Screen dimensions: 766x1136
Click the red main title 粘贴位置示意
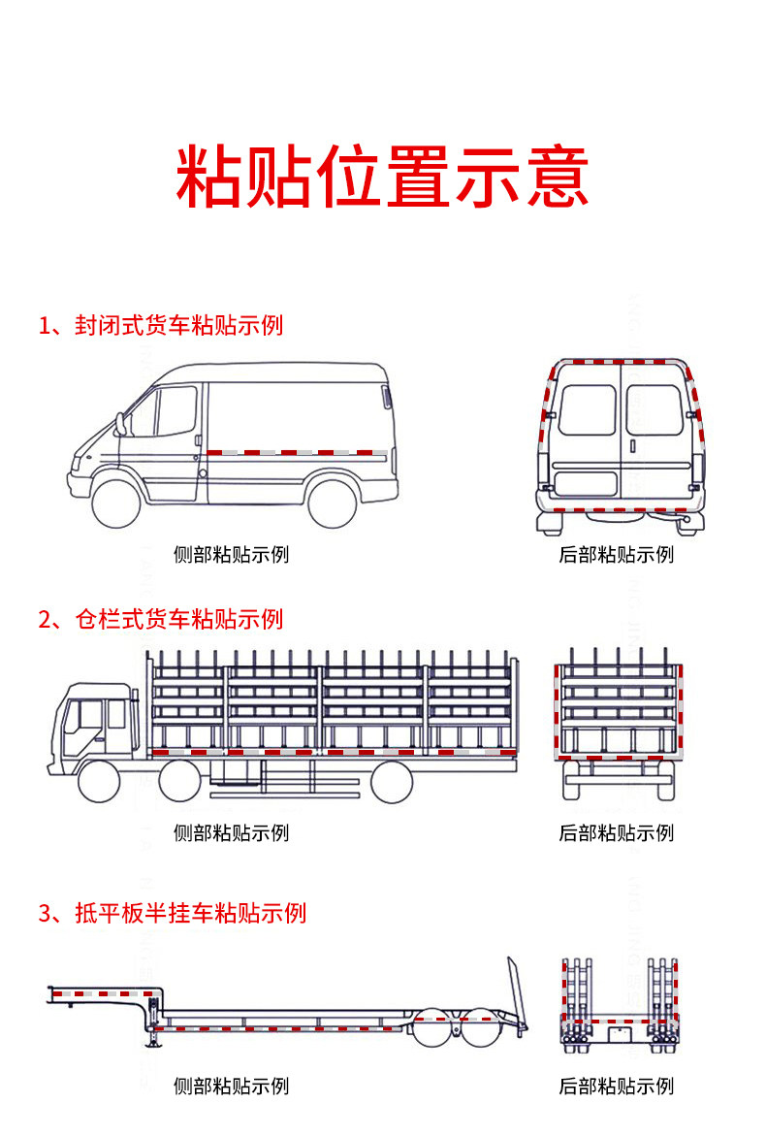click(382, 177)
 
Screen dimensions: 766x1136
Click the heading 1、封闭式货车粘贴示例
click(160, 325)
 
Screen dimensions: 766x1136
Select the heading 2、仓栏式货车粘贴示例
click(160, 619)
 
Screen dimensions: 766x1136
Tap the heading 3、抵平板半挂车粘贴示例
click(172, 913)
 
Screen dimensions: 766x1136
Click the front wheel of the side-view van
click(119, 499)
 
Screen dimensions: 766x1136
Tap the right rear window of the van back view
click(653, 410)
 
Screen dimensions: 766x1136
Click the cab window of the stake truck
click(91, 716)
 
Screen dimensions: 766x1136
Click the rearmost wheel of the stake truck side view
click(391, 781)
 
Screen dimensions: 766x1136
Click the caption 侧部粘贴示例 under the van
click(231, 555)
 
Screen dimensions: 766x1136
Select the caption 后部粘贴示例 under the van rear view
click(616, 555)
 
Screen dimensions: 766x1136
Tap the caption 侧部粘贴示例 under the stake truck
click(231, 832)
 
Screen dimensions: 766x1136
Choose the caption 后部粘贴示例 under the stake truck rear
click(616, 832)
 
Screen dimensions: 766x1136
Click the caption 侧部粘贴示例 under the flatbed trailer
click(231, 1087)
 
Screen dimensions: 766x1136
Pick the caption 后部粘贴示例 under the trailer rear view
click(616, 1087)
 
